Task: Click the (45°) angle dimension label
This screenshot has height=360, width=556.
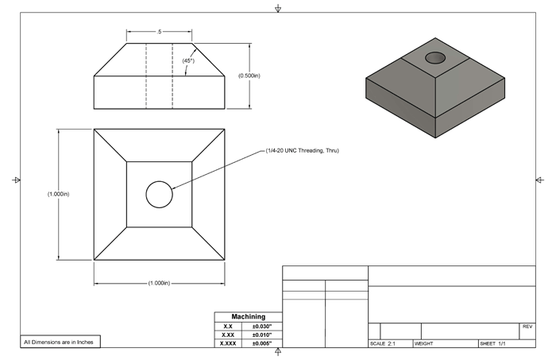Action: click(188, 60)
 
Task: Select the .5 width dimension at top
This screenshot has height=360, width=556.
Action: click(159, 31)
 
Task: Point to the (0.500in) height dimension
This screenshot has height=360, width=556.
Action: click(255, 75)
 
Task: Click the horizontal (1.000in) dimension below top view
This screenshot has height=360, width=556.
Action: click(159, 283)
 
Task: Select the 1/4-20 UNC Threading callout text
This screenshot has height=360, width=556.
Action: click(302, 151)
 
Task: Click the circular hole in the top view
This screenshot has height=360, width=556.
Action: click(159, 194)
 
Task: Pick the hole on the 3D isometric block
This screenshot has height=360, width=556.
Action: click(435, 57)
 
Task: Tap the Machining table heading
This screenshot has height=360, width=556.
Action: click(248, 317)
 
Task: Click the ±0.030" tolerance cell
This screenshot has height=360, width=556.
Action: click(261, 327)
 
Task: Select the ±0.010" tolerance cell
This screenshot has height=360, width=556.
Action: click(261, 335)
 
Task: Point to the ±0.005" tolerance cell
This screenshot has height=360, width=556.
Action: click(261, 344)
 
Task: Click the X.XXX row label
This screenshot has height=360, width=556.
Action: click(228, 344)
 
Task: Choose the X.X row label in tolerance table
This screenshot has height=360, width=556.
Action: click(228, 327)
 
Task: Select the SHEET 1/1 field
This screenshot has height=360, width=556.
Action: click(493, 344)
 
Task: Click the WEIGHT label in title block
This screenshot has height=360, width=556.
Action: click(423, 344)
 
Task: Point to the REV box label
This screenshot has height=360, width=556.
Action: click(527, 327)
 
